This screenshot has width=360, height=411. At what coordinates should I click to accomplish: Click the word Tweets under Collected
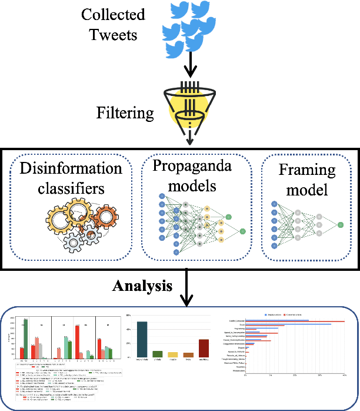pos(113,35)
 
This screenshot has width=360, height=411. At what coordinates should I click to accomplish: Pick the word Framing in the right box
pos(307,171)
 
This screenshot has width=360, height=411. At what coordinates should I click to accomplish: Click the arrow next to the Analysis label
pos(186,289)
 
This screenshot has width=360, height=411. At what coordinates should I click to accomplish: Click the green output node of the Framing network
pos(341,224)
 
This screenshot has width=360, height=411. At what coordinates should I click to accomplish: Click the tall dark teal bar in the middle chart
pos(141,340)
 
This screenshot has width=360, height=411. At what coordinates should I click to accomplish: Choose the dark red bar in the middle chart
pos(204,348)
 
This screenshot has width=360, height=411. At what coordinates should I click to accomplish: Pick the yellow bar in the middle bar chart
pos(173,354)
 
